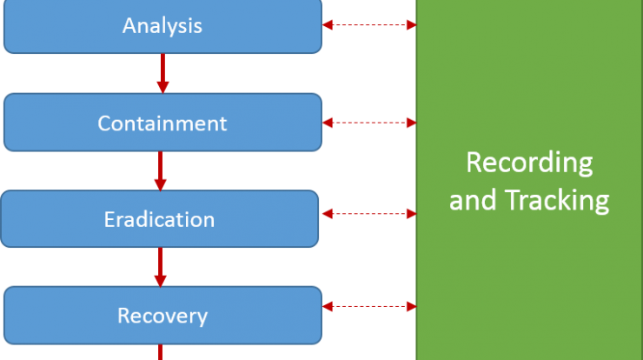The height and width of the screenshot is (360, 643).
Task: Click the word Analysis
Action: (x=162, y=26)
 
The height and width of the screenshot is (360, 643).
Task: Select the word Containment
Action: (x=162, y=123)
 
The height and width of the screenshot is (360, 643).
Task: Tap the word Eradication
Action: (x=159, y=219)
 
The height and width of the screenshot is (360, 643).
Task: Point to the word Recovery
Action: (x=162, y=316)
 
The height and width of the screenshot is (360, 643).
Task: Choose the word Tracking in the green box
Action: (x=557, y=200)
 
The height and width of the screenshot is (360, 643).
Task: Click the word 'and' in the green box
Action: (x=473, y=200)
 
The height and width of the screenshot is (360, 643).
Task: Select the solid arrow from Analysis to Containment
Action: (x=162, y=73)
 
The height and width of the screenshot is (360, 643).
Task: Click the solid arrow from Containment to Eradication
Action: (x=161, y=170)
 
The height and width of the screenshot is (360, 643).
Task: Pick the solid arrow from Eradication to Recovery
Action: (x=161, y=267)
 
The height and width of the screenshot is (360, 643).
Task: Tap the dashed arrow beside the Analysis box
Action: (x=369, y=25)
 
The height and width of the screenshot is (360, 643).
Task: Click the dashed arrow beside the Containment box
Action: (x=369, y=123)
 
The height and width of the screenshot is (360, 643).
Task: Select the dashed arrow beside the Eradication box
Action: (x=369, y=214)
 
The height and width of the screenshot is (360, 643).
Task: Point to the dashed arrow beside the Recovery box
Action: (x=369, y=307)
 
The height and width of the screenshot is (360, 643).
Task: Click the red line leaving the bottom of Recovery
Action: (x=161, y=352)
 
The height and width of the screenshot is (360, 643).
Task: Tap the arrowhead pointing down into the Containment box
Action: (x=162, y=88)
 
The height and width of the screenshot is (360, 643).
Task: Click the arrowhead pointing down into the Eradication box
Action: (x=161, y=185)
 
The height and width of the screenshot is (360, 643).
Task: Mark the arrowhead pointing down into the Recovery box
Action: (x=161, y=281)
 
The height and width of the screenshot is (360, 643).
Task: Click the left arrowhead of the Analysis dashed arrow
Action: (x=328, y=25)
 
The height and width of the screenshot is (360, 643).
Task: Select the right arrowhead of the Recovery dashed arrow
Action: (x=412, y=307)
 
